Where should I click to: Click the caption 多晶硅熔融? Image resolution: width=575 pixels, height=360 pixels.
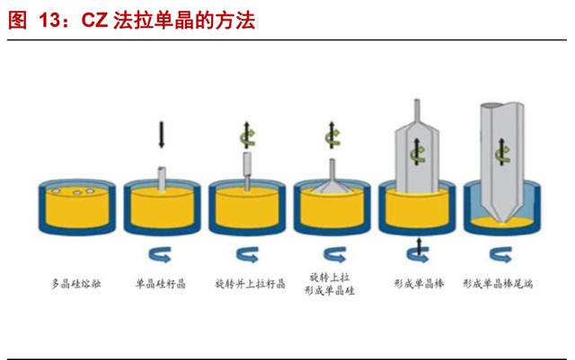76,284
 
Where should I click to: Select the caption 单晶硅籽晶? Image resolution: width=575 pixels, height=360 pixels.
161,284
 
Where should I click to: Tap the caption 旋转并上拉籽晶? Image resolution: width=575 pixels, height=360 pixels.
250,284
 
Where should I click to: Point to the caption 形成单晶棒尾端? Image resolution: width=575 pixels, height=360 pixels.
498,284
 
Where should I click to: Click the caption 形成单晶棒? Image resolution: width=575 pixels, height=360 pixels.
419,284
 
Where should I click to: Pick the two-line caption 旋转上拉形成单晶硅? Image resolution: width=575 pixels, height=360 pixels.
330,284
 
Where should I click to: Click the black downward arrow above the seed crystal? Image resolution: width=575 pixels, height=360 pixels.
162,135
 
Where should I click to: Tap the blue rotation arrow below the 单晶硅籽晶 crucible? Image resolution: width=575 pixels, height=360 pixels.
160,254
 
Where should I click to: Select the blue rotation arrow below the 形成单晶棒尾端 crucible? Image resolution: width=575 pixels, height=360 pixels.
501,254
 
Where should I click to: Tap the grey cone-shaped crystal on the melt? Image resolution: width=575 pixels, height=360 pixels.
332,186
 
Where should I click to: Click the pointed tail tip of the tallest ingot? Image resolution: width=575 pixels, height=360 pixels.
502,222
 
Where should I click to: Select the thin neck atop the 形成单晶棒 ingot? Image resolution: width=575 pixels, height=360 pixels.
417,111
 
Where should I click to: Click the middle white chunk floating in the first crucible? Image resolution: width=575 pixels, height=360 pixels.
77,192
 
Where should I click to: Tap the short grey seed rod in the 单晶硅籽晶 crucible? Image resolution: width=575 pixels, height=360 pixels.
162,179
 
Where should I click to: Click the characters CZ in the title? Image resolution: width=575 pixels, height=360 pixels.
94,20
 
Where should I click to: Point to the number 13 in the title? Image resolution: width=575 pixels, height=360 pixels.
49,20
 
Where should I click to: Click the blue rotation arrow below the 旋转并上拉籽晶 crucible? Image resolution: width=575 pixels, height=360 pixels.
248,254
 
